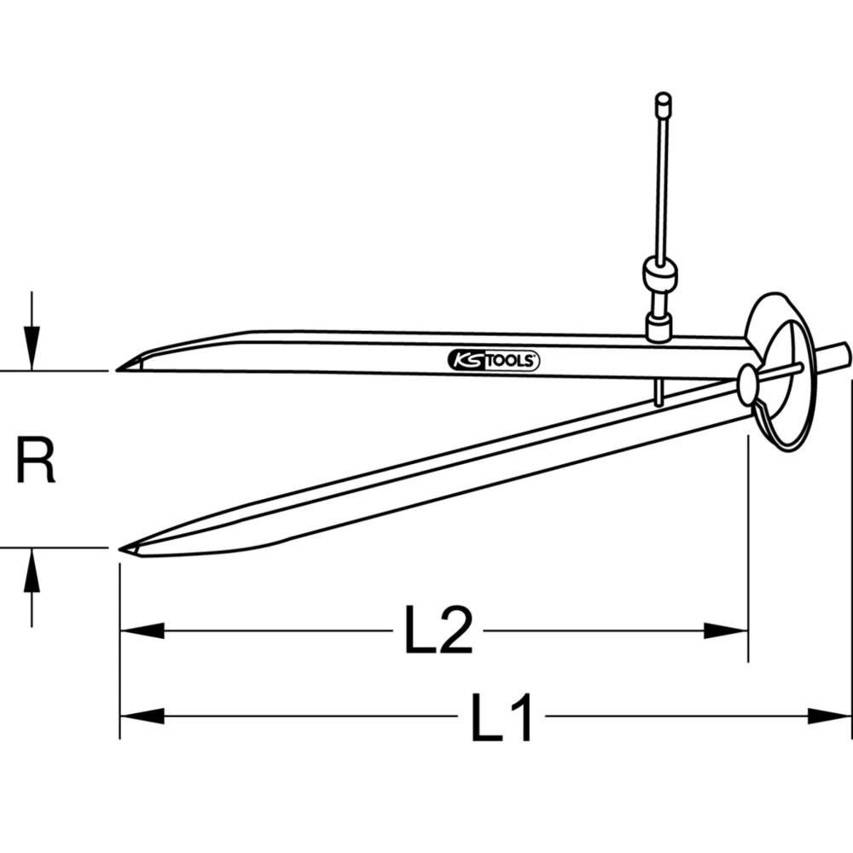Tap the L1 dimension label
(x=503, y=717)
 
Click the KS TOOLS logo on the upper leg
(x=493, y=361)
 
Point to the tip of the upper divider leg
(x=119, y=368)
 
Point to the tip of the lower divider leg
(x=123, y=549)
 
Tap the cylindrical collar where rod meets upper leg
(x=659, y=327)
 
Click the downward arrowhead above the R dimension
(x=32, y=353)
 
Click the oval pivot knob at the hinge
(x=747, y=386)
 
